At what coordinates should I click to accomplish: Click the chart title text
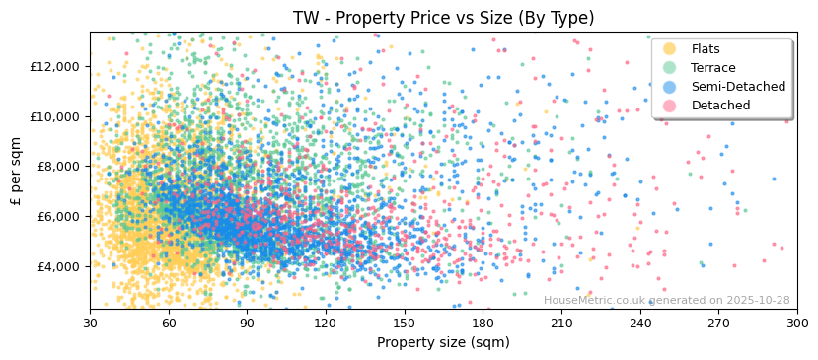point(443,18)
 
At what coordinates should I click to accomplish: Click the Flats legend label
point(706,49)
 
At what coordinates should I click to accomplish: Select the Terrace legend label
point(713,68)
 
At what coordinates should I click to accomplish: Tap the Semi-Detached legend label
point(738,87)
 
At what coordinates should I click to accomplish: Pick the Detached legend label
point(720,106)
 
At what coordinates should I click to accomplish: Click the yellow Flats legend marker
point(670,49)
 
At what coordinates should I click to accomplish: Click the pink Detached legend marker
point(670,106)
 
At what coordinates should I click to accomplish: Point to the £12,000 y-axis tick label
point(54,66)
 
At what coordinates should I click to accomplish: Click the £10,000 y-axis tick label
point(54,116)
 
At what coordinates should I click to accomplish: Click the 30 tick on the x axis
point(90,324)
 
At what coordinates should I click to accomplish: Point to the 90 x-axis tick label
point(247,324)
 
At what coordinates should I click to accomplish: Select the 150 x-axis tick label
point(404,324)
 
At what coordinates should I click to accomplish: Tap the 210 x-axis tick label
point(561,324)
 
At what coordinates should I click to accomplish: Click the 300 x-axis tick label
point(796,324)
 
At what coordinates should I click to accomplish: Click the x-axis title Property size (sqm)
point(443,342)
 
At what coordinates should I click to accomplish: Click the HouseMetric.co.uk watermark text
point(666,300)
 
